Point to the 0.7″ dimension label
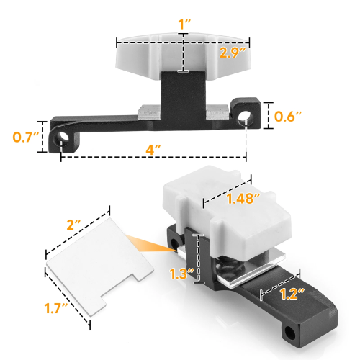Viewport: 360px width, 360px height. pyautogui.click(x=24, y=136)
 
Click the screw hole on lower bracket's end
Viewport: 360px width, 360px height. pyautogui.click(x=291, y=332)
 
